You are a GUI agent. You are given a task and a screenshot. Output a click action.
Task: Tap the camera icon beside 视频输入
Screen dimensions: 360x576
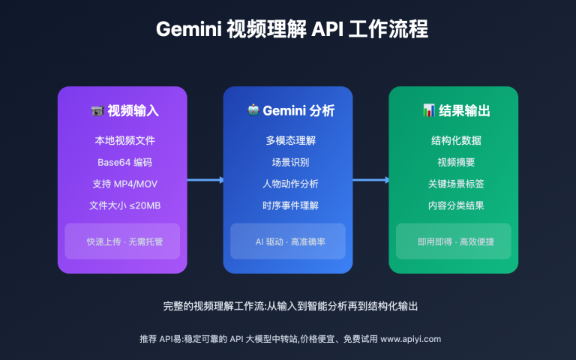point(97,111)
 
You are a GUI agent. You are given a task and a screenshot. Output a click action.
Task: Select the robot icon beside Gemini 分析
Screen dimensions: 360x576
point(252,111)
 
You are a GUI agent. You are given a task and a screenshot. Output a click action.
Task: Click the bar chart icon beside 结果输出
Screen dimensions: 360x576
point(429,111)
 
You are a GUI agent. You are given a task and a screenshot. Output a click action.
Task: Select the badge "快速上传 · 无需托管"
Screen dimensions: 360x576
point(122,241)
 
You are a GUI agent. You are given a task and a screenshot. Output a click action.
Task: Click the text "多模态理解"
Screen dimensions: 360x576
point(288,140)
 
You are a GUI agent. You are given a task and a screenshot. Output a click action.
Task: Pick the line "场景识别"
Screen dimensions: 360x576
point(288,162)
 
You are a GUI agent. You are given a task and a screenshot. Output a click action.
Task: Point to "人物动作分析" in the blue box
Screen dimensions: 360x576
point(288,184)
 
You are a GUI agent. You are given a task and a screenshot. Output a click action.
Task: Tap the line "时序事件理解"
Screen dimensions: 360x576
point(288,205)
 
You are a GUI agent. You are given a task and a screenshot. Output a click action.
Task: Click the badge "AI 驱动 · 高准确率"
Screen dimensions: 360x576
point(288,241)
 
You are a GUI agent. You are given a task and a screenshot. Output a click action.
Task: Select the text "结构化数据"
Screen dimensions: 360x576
point(454,140)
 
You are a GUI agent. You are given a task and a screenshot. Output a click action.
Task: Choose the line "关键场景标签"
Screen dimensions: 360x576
point(454,184)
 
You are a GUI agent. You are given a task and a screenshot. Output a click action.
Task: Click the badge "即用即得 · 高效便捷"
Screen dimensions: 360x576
point(454,241)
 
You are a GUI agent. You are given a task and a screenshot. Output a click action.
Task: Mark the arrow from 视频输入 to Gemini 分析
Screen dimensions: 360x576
point(205,180)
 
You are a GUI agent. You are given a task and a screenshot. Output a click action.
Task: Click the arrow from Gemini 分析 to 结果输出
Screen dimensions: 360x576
point(370,180)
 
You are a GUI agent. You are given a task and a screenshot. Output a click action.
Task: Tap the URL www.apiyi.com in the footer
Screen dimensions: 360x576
point(411,339)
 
